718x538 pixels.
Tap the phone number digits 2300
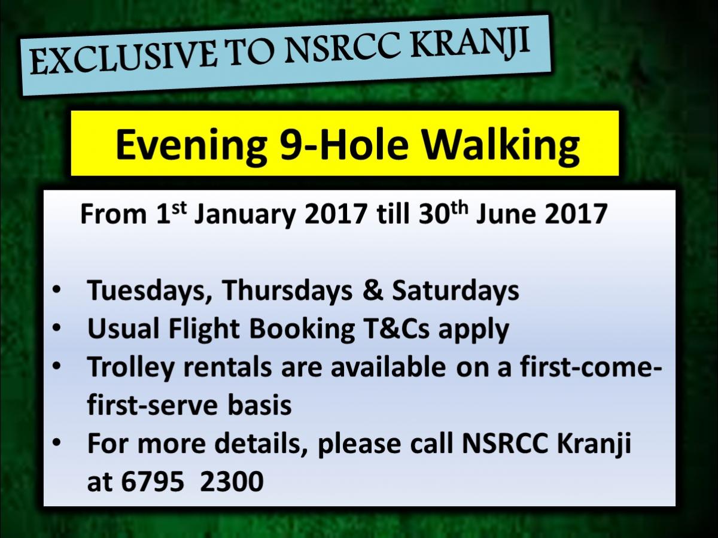point(232,481)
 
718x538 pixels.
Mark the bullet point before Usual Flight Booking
point(57,329)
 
